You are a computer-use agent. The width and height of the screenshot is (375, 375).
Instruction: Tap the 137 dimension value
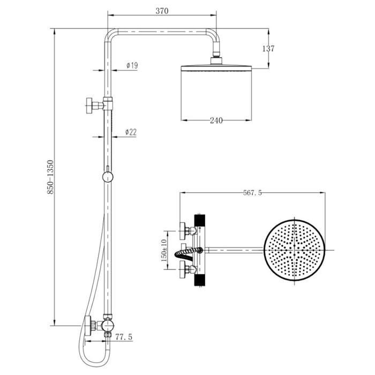pyautogui.click(x=268, y=49)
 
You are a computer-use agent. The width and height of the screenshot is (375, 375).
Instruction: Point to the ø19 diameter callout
pyautogui.click(x=132, y=65)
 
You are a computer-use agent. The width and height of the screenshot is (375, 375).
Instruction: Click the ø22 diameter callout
pyautogui.click(x=131, y=132)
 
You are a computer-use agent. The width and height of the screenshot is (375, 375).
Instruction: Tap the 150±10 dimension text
pyautogui.click(x=164, y=250)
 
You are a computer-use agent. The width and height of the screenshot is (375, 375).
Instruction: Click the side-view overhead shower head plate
pyautogui.click(x=216, y=67)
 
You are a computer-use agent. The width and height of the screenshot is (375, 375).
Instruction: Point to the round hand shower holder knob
pyautogui.click(x=108, y=177)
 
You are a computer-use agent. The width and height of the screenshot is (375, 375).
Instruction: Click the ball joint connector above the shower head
pyautogui.click(x=216, y=55)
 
